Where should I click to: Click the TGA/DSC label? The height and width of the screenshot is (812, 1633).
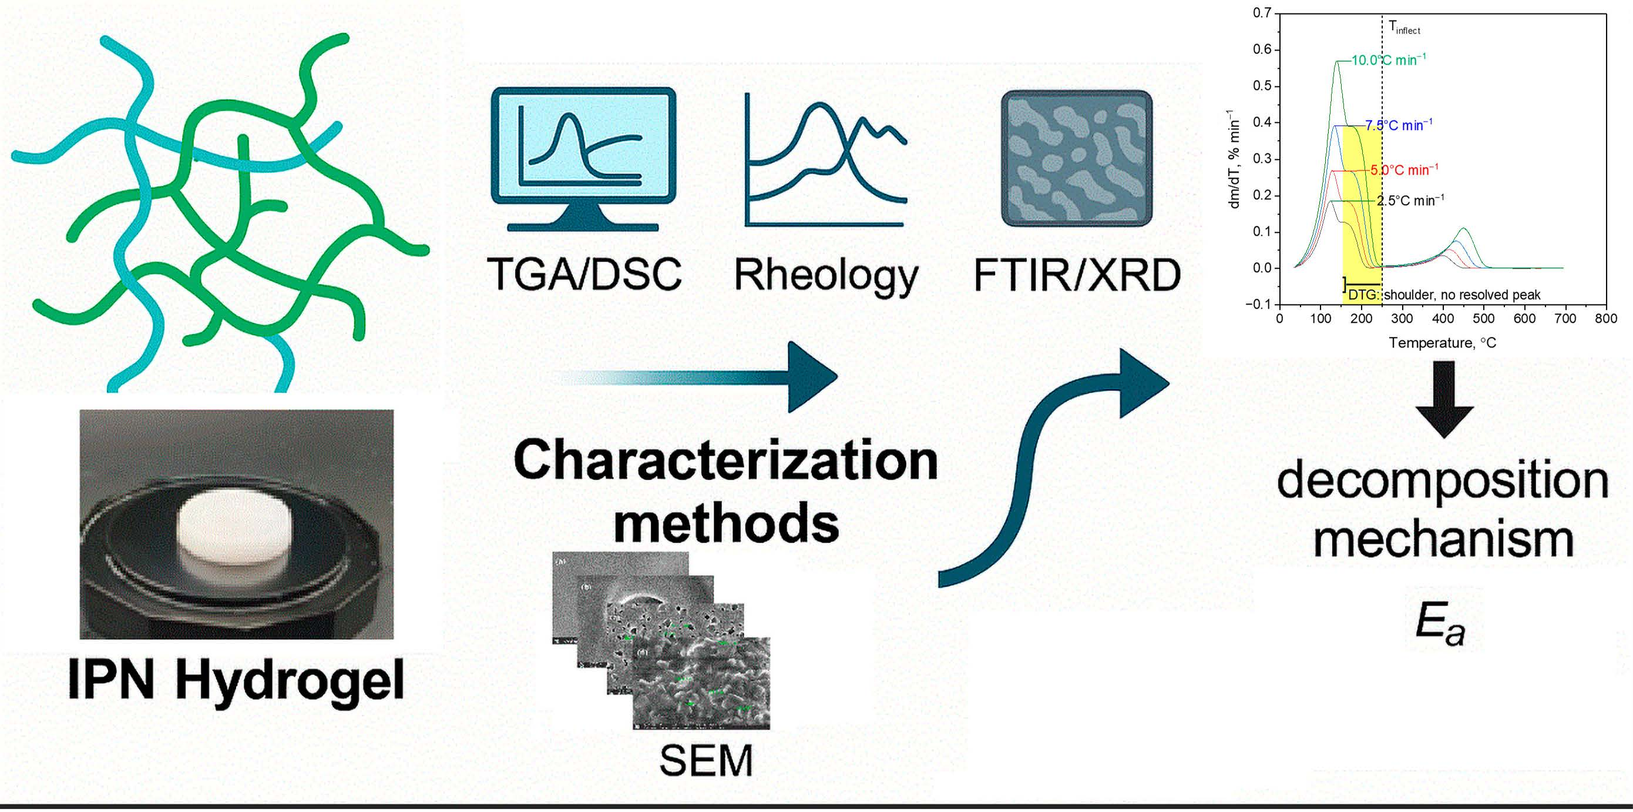pyautogui.click(x=584, y=274)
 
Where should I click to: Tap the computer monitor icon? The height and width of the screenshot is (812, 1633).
pyautogui.click(x=583, y=155)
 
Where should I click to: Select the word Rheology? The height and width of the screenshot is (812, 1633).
pyautogui.click(x=825, y=276)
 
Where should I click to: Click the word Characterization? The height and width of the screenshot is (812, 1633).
pyautogui.click(x=726, y=460)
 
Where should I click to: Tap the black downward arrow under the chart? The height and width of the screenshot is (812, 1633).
pyautogui.click(x=1443, y=400)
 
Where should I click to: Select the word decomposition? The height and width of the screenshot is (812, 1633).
pyautogui.click(x=1443, y=482)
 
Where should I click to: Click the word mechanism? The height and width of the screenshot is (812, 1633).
pyautogui.click(x=1443, y=540)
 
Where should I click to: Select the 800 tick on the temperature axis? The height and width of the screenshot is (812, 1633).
pyautogui.click(x=1606, y=319)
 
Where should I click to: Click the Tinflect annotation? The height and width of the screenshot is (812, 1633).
pyautogui.click(x=1404, y=27)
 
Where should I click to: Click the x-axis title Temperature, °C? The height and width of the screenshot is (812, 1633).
pyautogui.click(x=1443, y=343)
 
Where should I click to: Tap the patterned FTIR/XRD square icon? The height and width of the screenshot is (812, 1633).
pyautogui.click(x=1076, y=159)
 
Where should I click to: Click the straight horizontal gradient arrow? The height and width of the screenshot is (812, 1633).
pyautogui.click(x=697, y=376)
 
